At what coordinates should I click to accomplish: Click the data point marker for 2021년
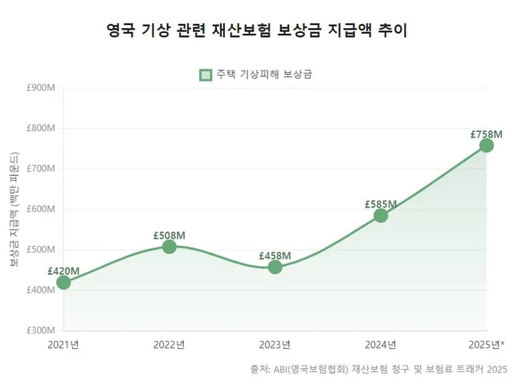pos(63,282)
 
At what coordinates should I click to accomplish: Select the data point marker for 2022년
pos(169,247)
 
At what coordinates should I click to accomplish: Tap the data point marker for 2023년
pos(275,267)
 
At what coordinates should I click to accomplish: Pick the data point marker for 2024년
pos(381,215)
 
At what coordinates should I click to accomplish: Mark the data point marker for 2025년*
pos(487,145)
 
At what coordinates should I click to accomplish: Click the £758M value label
pos(487,133)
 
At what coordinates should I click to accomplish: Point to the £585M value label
pos(381,203)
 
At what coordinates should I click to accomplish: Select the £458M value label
pos(275,256)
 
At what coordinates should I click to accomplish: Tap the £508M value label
pos(169,235)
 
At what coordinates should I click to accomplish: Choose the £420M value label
pos(63,271)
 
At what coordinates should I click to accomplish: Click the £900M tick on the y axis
pos(39,88)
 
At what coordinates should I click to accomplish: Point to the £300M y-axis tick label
pos(39,330)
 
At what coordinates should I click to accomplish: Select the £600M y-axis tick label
pos(39,209)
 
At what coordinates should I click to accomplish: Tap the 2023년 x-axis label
pos(275,345)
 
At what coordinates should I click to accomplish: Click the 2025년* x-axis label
pos(485,345)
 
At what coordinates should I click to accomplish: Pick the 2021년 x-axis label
pos(63,345)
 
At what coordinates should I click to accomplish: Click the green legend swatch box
pos(206,75)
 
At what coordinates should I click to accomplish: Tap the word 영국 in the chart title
pos(120,31)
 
